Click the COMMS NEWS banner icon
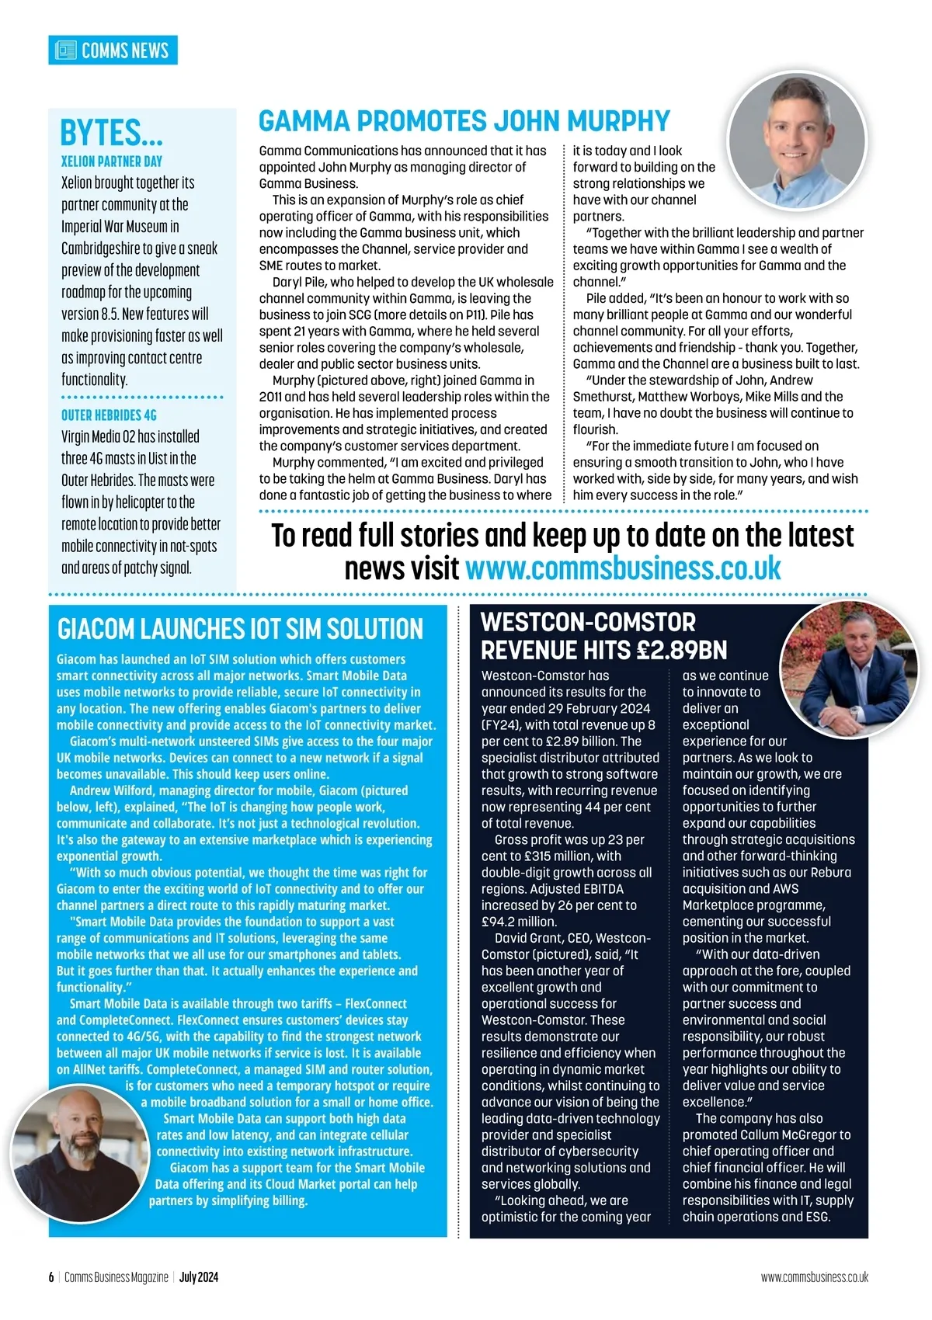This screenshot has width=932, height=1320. (66, 50)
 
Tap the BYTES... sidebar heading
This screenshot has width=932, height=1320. (111, 133)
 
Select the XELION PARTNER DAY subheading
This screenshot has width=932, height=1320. (112, 162)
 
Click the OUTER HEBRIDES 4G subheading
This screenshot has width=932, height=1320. (109, 415)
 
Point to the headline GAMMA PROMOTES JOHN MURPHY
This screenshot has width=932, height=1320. (464, 122)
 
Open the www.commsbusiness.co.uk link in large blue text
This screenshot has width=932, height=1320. (623, 568)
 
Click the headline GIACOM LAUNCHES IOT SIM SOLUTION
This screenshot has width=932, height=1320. (240, 629)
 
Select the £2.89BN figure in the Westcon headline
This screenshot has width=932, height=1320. (680, 650)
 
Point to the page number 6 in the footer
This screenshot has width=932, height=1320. (51, 1277)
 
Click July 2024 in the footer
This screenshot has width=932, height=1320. (199, 1277)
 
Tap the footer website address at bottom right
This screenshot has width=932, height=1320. (814, 1277)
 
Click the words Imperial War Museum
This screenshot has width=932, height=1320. (114, 227)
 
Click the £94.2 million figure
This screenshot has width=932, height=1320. (518, 922)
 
